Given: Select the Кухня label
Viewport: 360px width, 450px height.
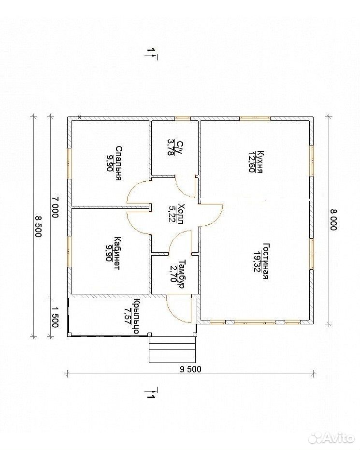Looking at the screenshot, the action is coord(260,161).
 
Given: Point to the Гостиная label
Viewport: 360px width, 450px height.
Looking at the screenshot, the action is coord(266,261).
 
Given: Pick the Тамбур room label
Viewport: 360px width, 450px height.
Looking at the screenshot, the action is coord(182,274).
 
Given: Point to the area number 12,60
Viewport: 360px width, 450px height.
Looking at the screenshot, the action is coord(252,161).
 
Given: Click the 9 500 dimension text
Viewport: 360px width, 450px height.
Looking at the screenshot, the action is coord(191,369).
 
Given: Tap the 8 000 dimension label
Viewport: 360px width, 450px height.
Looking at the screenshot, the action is coord(333,219).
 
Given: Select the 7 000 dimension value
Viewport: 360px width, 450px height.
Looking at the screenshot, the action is coord(56,207).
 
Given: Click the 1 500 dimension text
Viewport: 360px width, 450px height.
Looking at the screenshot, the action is coord(56,317).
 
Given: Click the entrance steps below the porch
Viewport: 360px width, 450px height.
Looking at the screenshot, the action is coord(173,349).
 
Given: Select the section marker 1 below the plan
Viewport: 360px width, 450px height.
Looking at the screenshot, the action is coord(152,393).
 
